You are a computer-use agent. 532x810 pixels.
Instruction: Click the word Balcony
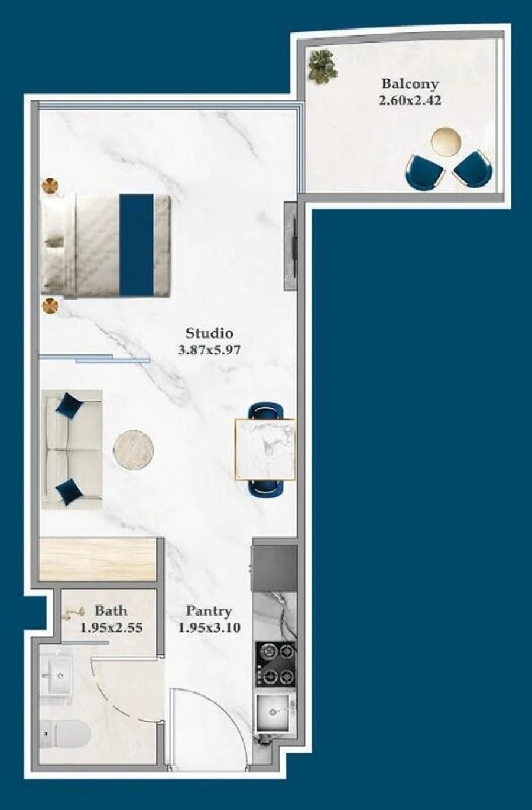click(x=410, y=84)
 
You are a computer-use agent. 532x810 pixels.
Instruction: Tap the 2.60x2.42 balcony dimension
click(x=410, y=100)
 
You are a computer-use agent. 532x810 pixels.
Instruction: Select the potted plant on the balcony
click(x=323, y=67)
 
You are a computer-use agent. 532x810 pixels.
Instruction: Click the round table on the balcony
click(x=447, y=141)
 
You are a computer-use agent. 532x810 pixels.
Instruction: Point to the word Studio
click(x=209, y=333)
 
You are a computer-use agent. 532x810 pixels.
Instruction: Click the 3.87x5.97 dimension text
click(x=209, y=350)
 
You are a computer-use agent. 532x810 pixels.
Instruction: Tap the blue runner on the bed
click(x=137, y=245)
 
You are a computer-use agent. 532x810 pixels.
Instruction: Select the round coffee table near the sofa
click(x=134, y=450)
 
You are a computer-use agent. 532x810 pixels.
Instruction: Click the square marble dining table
click(x=265, y=450)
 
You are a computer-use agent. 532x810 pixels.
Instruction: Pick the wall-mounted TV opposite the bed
click(x=291, y=246)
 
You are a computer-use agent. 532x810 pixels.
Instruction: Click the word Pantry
click(x=209, y=611)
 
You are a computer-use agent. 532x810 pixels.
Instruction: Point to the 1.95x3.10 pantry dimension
click(x=209, y=628)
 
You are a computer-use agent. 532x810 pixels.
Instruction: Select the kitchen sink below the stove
click(x=274, y=713)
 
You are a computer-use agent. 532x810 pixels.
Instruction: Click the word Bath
click(x=111, y=611)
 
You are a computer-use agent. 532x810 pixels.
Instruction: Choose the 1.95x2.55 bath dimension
click(x=111, y=628)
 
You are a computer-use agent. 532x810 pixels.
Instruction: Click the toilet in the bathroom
click(x=64, y=733)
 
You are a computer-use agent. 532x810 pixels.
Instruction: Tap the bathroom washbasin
click(x=56, y=675)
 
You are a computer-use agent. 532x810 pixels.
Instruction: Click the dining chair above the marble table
click(x=265, y=411)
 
